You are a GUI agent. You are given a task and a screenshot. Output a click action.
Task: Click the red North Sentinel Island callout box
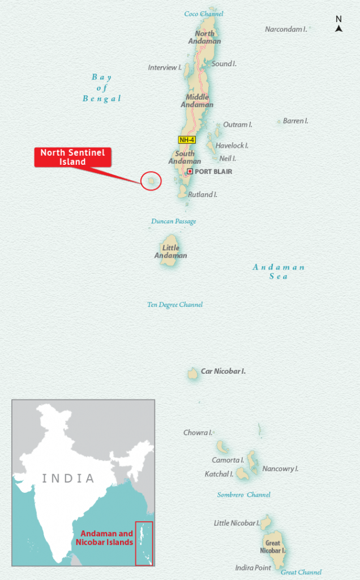point(72,157)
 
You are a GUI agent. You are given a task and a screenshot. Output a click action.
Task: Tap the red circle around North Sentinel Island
point(151,181)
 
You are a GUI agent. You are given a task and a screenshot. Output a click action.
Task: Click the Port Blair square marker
point(190,171)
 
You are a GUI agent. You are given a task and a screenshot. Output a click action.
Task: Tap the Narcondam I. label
point(286,29)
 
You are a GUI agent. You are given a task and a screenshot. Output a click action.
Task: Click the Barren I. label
point(295,121)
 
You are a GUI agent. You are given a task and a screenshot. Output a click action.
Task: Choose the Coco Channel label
point(204,14)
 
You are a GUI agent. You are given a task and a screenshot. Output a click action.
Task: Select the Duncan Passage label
point(173,221)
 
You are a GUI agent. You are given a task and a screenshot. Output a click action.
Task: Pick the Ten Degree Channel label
point(175,305)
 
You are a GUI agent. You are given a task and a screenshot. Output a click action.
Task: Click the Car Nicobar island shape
point(192,373)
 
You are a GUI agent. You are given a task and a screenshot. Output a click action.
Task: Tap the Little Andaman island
point(170,249)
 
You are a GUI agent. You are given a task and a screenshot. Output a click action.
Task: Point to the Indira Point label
point(253,568)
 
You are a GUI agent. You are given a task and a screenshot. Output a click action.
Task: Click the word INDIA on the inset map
point(68,478)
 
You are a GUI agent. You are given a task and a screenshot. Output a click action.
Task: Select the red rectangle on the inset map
point(144,543)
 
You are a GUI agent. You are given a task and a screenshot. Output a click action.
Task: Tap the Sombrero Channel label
point(243,495)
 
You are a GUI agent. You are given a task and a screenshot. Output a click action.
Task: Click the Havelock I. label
point(232,146)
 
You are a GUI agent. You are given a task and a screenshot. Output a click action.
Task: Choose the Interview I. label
point(165,68)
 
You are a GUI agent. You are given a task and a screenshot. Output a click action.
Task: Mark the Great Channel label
point(301,573)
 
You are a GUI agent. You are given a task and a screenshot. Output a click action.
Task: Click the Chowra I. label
point(198,433)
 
